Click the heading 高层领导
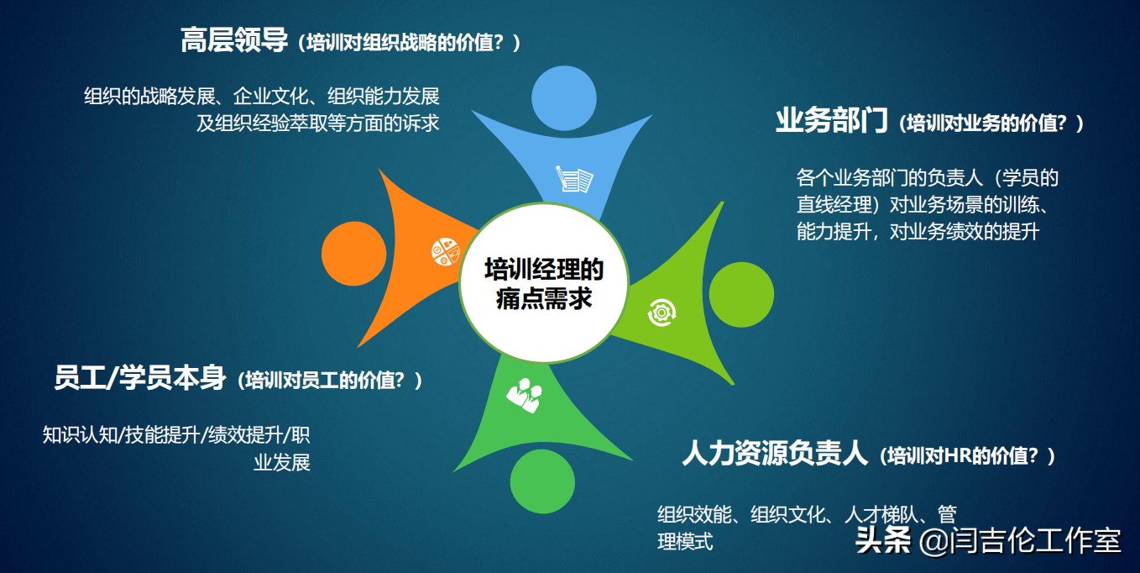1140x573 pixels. pos(234,41)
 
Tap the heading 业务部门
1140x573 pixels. pos(831,122)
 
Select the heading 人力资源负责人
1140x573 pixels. pos(774,455)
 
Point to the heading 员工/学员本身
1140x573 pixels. pos(140,378)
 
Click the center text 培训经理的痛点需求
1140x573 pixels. pos(544,284)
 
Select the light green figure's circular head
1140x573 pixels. pos(742,296)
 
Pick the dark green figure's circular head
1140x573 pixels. pos(543,481)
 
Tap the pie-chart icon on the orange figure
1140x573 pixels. pos(445,250)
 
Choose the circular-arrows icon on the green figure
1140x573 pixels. pos(661,312)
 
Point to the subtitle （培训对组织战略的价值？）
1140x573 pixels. pos(409,43)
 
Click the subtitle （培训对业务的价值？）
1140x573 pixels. pos(991,124)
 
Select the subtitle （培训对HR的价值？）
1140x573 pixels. pos(968,456)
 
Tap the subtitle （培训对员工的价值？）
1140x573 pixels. pos(330,381)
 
